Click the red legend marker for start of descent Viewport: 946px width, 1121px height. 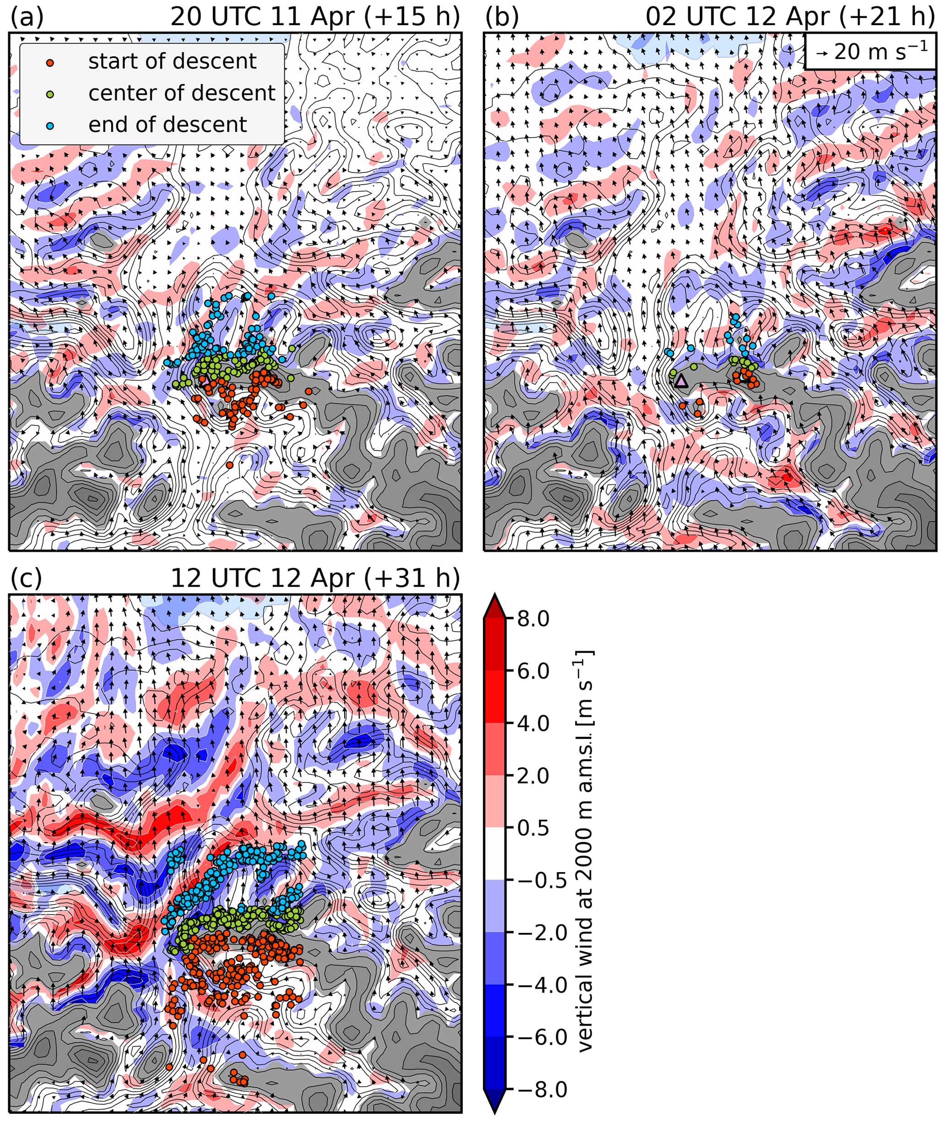pyautogui.click(x=50, y=63)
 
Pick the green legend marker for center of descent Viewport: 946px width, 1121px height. pyautogui.click(x=50, y=94)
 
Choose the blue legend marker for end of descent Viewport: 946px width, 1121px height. pyautogui.click(x=50, y=126)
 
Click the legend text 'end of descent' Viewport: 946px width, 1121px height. pyautogui.click(x=168, y=125)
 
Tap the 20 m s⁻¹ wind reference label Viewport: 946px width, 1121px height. pyautogui.click(x=871, y=52)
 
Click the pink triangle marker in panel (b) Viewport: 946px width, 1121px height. pyautogui.click(x=681, y=381)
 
